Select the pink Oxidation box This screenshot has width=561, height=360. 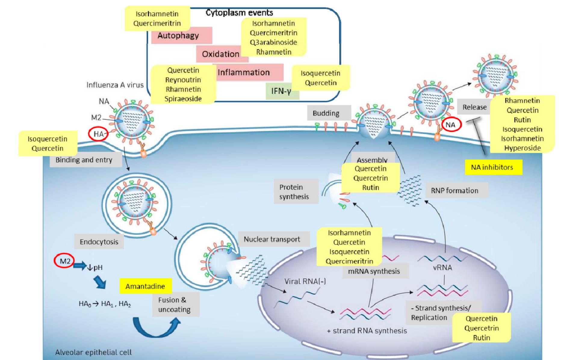click(220, 54)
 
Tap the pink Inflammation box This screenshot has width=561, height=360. click(244, 73)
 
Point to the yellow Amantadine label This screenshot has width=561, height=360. click(145, 286)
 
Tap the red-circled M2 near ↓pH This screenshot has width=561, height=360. click(64, 261)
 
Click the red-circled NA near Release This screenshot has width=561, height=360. click(451, 125)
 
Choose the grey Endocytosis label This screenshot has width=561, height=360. click(99, 242)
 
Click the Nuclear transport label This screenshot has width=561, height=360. click(272, 239)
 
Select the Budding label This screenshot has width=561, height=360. click(326, 113)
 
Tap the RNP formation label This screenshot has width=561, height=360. click(454, 191)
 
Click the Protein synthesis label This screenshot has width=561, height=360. click(294, 192)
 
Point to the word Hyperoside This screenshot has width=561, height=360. click(522, 148)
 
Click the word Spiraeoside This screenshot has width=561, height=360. click(183, 99)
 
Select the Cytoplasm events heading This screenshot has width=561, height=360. click(239, 13)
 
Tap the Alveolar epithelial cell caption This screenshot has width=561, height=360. click(93, 352)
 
